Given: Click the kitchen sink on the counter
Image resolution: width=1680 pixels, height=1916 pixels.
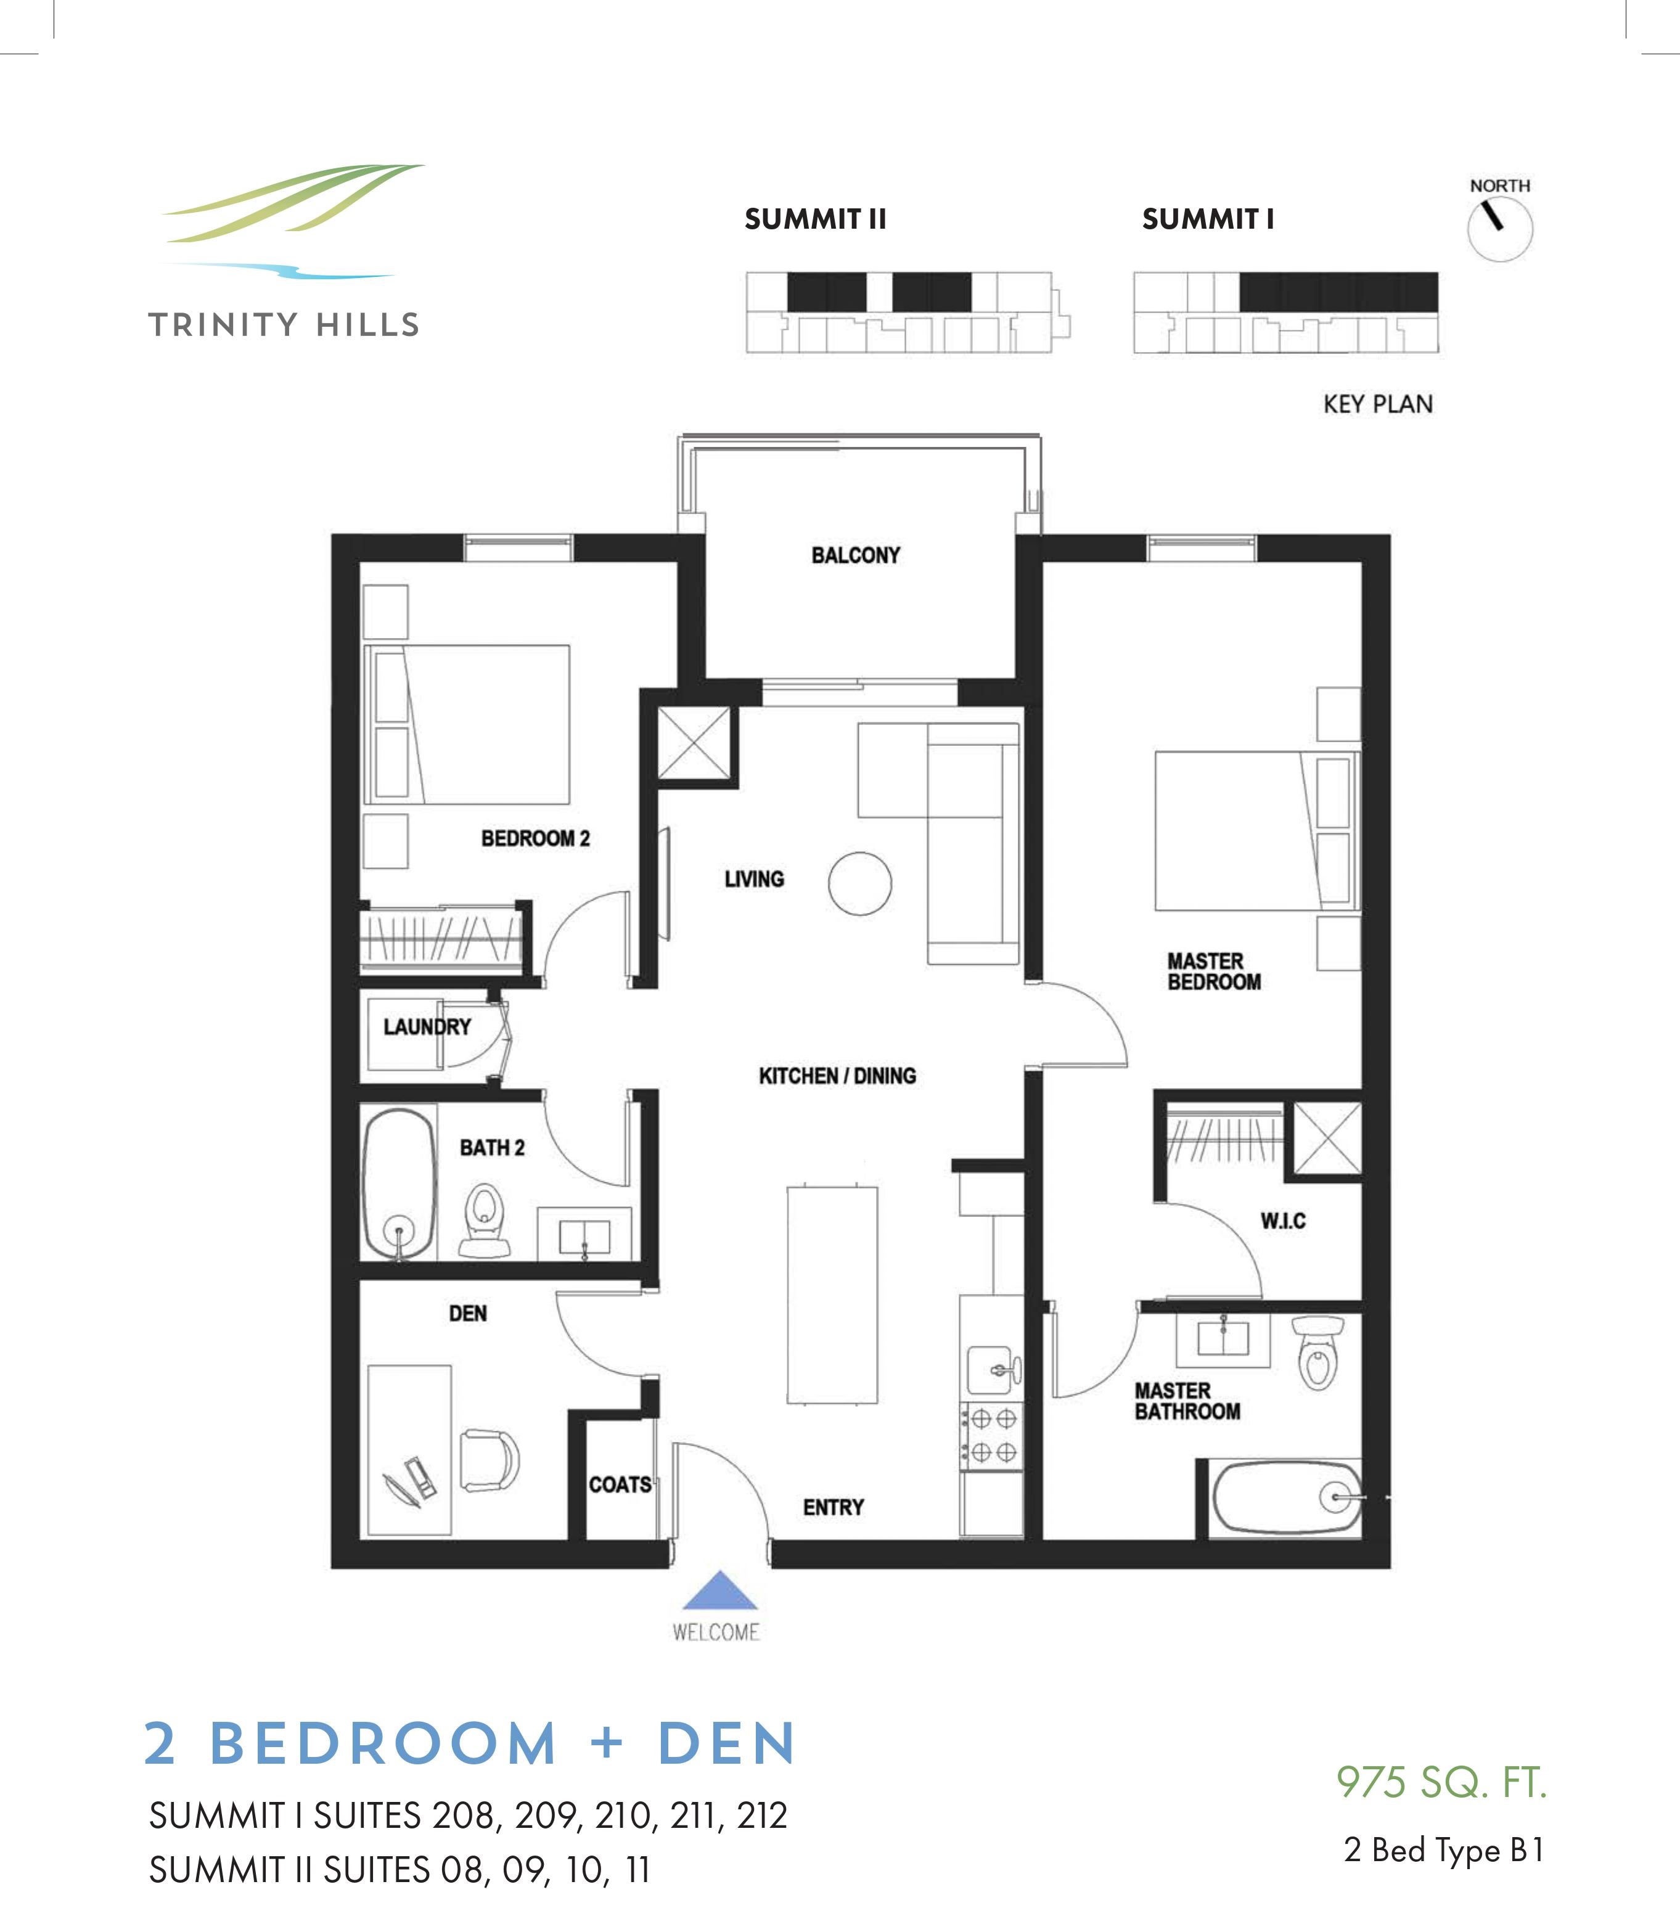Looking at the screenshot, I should (x=990, y=1372).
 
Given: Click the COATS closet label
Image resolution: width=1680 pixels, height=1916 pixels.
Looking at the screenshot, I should (x=620, y=1485).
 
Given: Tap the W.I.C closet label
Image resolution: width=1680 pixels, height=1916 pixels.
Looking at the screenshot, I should (x=1282, y=1221).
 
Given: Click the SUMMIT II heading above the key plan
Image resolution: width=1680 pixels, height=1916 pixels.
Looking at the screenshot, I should (x=814, y=219).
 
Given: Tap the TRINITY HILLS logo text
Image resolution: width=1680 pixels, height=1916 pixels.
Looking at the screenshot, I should (x=283, y=325).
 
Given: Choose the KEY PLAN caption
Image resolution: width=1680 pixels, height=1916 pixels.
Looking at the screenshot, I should (x=1377, y=404).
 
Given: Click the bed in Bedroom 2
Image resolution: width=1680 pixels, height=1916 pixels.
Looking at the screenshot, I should (x=467, y=724).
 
